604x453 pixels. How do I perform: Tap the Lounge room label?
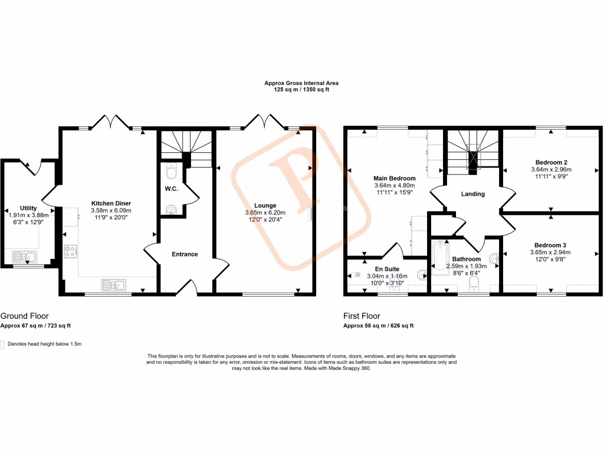coord(265,205)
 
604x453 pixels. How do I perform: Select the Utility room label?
coord(28,208)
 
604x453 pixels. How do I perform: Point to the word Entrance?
coord(185,254)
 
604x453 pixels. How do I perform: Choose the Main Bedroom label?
coord(395,178)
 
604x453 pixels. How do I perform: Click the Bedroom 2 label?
coord(552,162)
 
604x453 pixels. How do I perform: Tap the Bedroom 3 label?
coord(551,245)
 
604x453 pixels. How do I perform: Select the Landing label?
coord(472,194)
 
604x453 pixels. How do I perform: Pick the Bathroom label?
coord(466,259)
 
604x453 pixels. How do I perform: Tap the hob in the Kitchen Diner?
coord(70,252)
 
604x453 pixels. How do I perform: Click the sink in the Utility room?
coord(25,257)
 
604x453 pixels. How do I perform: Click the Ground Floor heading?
coord(24,316)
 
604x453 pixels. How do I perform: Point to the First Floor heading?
coord(362,316)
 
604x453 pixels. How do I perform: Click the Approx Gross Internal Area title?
coord(301,83)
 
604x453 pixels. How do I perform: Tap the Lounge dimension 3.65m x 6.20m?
coord(265,212)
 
